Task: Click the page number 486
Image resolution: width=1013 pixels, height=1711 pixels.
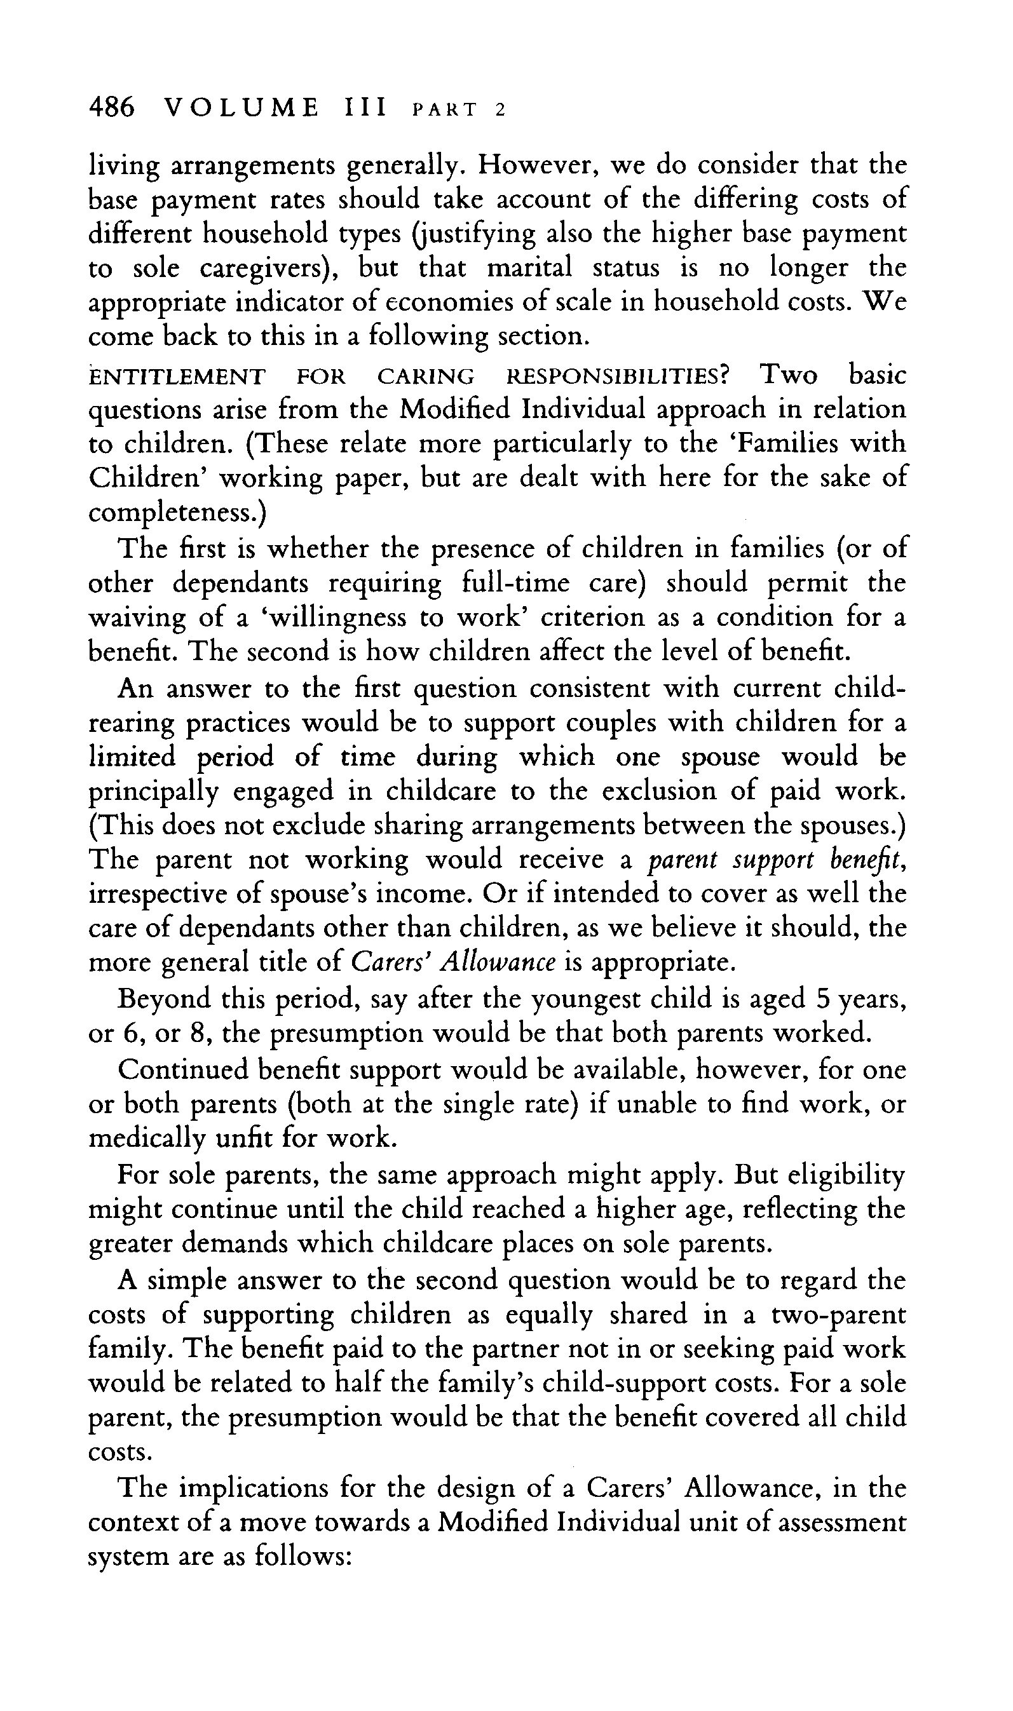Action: pyautogui.click(x=112, y=109)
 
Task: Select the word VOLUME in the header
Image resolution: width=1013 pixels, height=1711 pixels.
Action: pyautogui.click(x=241, y=109)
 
